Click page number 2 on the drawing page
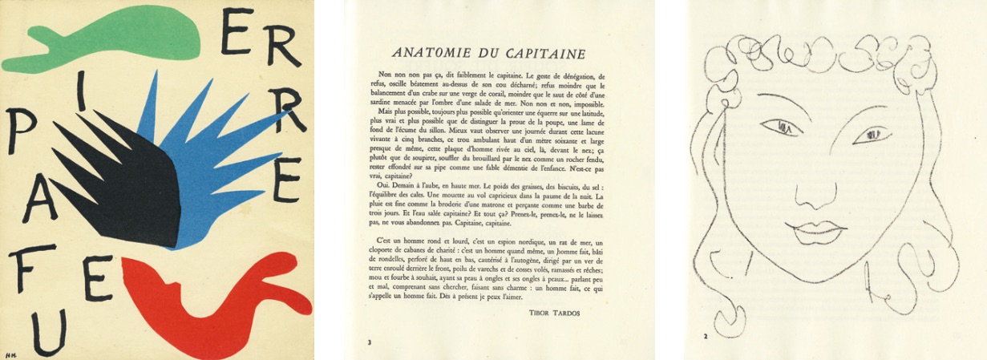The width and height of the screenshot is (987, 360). click(x=705, y=335)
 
